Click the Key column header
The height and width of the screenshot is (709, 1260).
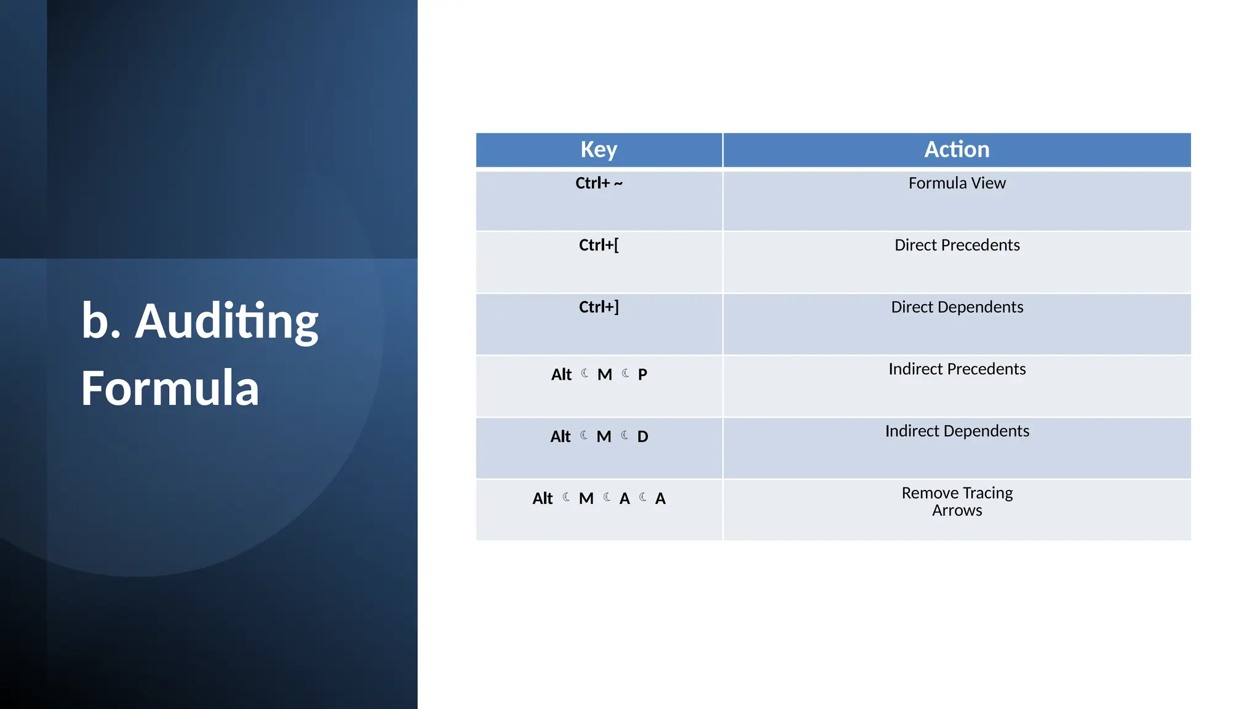point(599,150)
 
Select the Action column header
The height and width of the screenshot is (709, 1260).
point(957,150)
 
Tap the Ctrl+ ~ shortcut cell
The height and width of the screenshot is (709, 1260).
point(599,183)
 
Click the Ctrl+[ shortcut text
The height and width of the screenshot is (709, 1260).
point(599,245)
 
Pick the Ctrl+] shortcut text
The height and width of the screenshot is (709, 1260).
point(599,306)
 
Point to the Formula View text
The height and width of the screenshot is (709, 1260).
point(957,183)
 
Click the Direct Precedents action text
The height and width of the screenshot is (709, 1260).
point(957,245)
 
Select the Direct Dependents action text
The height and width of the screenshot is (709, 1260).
point(957,307)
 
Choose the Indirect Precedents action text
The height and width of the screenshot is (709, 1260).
point(957,369)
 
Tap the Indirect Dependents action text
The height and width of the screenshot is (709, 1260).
point(957,431)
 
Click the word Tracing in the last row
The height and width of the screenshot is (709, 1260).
point(988,494)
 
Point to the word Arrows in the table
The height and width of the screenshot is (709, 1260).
point(957,511)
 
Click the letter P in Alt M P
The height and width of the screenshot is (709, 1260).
point(642,374)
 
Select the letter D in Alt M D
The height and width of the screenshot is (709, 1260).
point(642,436)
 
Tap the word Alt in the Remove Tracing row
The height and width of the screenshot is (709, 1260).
point(543,499)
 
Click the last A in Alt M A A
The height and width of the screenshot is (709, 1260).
point(660,499)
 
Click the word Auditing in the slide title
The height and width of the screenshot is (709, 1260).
point(226,321)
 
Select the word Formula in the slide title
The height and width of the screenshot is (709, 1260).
point(170,388)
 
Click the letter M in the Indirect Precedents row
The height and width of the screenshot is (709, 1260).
point(605,374)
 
